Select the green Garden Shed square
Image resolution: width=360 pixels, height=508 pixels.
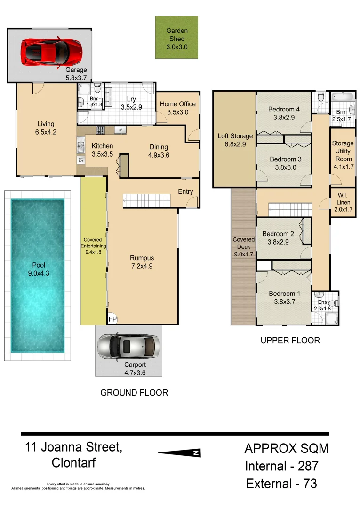click(176, 37)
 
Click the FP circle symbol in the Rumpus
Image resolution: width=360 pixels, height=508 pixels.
click(113, 318)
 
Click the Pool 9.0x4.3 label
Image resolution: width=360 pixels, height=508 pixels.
click(36, 268)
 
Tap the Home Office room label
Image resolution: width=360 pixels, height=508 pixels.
click(177, 108)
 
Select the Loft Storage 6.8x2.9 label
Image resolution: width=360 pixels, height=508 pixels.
click(235, 140)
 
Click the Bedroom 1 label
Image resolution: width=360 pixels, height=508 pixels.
click(284, 298)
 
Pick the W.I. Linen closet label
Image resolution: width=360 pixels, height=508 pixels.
click(341, 199)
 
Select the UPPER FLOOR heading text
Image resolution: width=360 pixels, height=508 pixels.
click(290, 340)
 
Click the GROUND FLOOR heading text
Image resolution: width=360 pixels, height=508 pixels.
click(134, 392)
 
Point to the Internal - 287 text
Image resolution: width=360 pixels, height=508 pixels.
click(281, 466)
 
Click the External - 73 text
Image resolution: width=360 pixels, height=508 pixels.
click(281, 483)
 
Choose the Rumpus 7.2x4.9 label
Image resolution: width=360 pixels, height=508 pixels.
click(142, 262)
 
